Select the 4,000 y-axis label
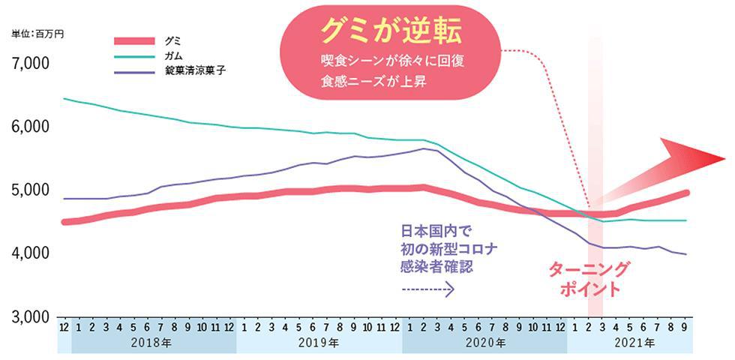pyautogui.click(x=30, y=253)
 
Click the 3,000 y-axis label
pyautogui.click(x=30, y=316)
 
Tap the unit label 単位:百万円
pyautogui.click(x=37, y=34)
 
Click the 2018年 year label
pyautogui.click(x=154, y=342)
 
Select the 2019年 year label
pyautogui.click(x=319, y=342)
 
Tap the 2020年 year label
pyautogui.click(x=484, y=342)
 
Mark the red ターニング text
pyautogui.click(x=589, y=269)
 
